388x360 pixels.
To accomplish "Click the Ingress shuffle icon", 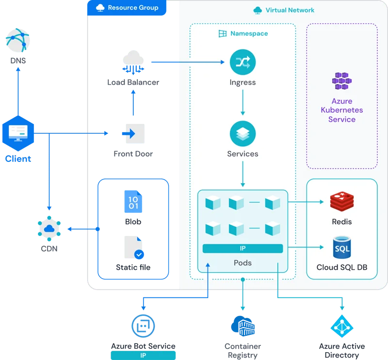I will pyautogui.click(x=242, y=62).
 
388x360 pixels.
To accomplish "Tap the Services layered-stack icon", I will pyautogui.click(x=242, y=134).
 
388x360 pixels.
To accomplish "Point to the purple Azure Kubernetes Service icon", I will pyautogui.click(x=342, y=81).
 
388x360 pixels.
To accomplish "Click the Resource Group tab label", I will pyautogui.click(x=127, y=8).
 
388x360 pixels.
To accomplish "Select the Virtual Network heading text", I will pyautogui.click(x=290, y=10).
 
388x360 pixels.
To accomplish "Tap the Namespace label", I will pyautogui.click(x=248, y=34).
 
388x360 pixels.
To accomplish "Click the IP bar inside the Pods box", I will pyautogui.click(x=242, y=249).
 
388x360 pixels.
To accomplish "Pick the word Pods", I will pyautogui.click(x=242, y=263).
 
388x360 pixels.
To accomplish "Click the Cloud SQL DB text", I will pyautogui.click(x=342, y=267).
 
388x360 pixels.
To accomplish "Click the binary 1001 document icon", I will pyautogui.click(x=133, y=202).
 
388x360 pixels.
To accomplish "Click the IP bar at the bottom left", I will pyautogui.click(x=143, y=355).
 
